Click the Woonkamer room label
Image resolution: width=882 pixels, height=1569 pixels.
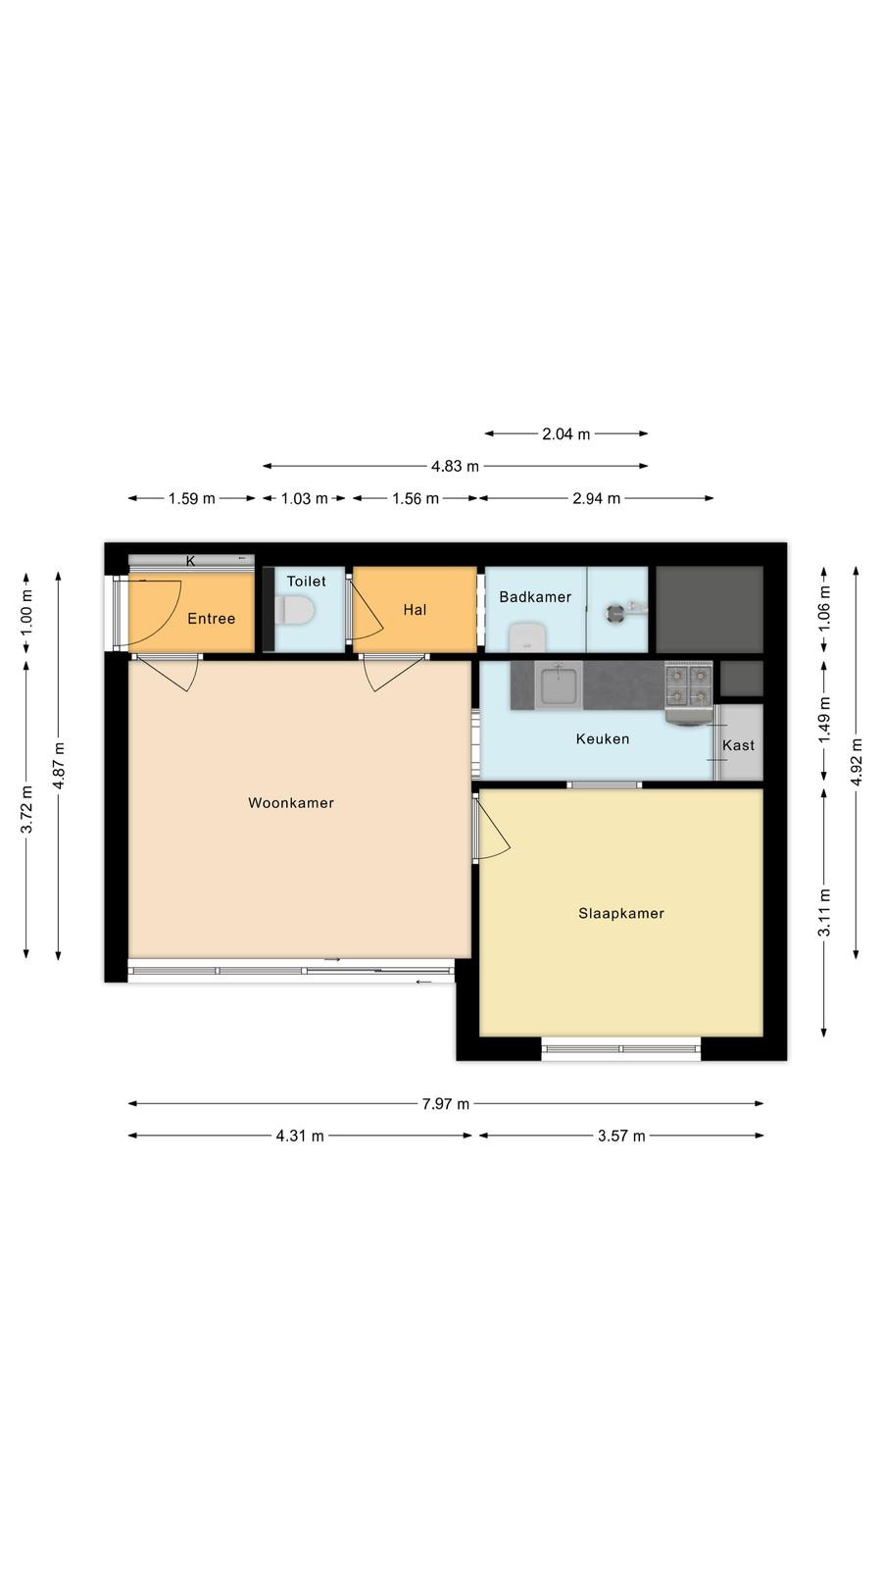click(x=291, y=803)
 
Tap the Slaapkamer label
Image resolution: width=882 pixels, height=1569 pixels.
click(x=621, y=913)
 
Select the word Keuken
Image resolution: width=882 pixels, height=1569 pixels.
click(x=603, y=739)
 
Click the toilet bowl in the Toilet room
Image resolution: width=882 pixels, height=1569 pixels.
click(x=295, y=609)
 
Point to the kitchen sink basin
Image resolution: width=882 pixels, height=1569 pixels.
click(x=558, y=685)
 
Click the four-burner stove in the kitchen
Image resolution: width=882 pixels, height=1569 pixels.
click(x=689, y=685)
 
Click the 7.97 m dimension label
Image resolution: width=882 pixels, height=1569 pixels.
click(x=445, y=1104)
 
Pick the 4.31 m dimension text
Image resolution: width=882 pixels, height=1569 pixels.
click(x=300, y=1137)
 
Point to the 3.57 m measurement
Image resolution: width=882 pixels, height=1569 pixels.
click(x=621, y=1137)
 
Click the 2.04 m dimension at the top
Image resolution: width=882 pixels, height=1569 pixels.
click(x=566, y=434)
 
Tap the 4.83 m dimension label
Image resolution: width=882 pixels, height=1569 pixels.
click(x=455, y=467)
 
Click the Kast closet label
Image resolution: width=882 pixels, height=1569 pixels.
click(x=739, y=745)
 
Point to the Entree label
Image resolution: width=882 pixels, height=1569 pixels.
click(x=212, y=619)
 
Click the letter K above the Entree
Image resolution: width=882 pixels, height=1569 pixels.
click(x=190, y=561)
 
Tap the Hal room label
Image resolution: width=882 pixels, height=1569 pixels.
click(x=416, y=610)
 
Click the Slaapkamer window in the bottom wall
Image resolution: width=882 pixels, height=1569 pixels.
click(x=621, y=1048)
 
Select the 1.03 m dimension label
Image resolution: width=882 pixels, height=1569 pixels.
click(x=305, y=499)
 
